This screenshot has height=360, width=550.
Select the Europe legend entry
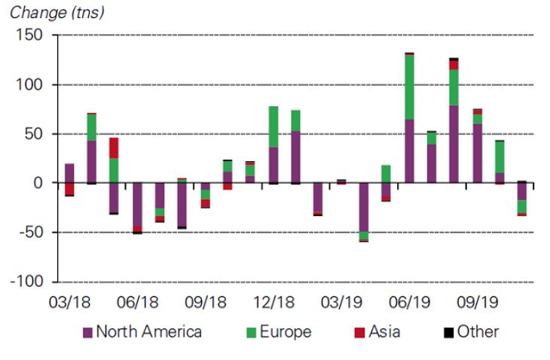(278, 331)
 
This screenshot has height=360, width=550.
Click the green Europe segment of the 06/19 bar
(409, 87)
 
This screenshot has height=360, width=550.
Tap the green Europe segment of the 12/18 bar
(273, 127)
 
